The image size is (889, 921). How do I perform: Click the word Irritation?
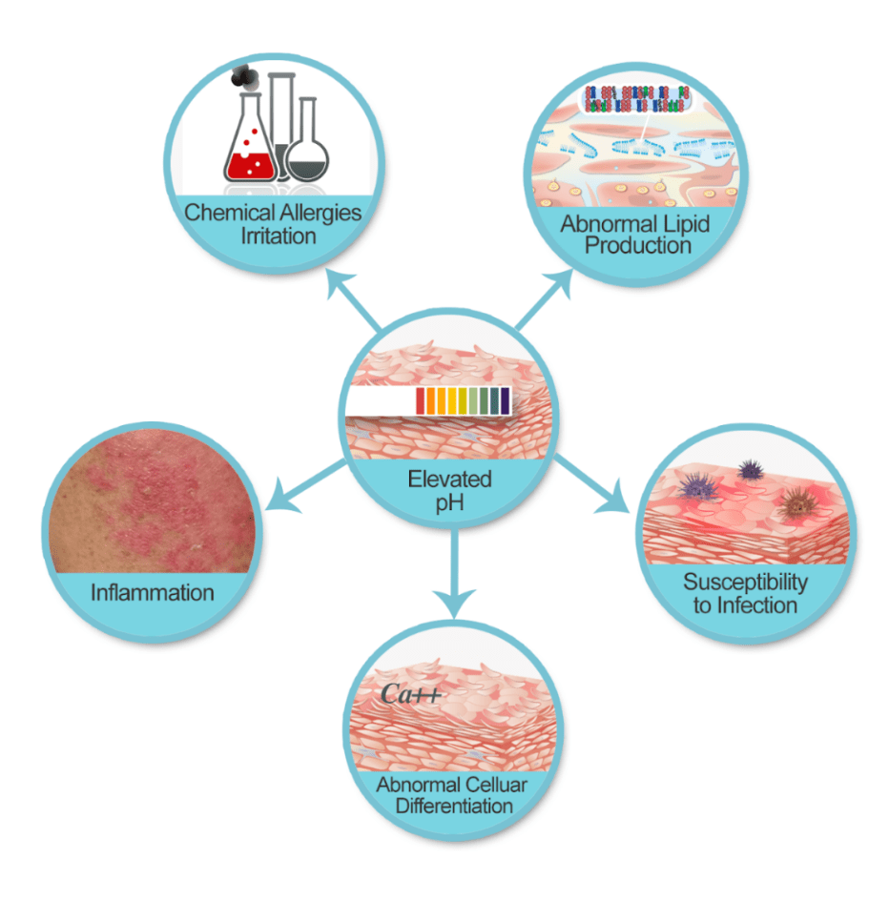point(273,235)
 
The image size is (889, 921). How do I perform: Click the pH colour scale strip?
point(464,401)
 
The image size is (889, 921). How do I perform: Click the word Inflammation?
point(153,592)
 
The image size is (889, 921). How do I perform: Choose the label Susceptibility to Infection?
point(745,592)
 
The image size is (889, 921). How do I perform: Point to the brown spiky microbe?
point(794,503)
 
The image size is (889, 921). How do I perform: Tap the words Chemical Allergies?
point(273,212)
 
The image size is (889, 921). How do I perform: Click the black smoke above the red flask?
point(245,74)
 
